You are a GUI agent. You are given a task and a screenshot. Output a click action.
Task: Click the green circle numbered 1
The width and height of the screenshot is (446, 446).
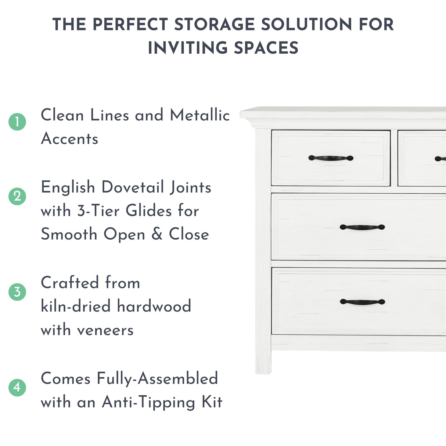pos(17,122)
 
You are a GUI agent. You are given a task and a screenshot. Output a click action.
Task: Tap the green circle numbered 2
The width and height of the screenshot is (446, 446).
pos(17,196)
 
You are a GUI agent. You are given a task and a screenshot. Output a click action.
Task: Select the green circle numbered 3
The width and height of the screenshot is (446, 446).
pos(17,292)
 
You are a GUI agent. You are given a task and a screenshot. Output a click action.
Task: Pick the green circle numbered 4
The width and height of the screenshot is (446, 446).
pos(17,388)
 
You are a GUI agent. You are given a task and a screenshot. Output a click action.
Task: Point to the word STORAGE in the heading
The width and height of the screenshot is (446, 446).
pos(214,25)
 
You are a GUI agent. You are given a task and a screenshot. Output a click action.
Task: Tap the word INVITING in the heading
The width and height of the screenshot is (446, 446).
pos(188,48)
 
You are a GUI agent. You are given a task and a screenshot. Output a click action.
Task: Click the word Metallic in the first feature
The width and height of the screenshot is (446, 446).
pos(200,115)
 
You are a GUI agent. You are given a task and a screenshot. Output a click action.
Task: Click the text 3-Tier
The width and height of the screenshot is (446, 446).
pos(98,211)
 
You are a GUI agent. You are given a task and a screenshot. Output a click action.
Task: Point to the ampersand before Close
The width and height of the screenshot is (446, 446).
pos(157,234)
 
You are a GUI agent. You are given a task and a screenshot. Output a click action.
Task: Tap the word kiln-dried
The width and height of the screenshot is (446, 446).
pos(75,306)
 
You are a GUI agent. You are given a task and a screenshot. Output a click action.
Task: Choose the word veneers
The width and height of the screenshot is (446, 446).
pos(105,330)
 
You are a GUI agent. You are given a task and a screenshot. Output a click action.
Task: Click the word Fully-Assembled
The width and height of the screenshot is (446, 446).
pos(157,379)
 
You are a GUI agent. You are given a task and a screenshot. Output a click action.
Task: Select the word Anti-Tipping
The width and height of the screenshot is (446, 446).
pos(148,402)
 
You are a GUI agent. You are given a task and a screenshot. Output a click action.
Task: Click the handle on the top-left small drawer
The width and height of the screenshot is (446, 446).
pos(331,158)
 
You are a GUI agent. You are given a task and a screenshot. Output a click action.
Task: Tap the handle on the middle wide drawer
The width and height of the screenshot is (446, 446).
pos(362,227)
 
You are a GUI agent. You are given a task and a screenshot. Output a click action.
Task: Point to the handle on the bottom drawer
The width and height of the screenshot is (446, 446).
pos(362,302)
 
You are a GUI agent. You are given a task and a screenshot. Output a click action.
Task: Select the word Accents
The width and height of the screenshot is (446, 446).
pos(70,139)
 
